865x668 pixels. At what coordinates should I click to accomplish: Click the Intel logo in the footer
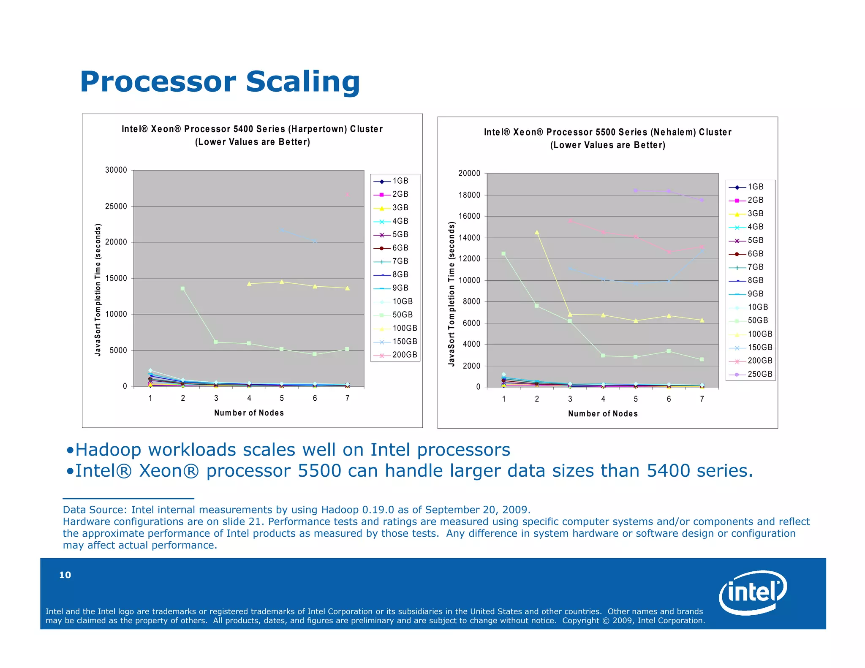coord(753,592)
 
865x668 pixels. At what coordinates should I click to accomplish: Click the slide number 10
coord(65,575)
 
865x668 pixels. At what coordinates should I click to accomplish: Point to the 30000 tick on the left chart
coord(116,170)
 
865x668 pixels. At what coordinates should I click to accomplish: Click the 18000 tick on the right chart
coord(469,195)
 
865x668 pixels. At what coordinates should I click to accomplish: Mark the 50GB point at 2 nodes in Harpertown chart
coord(183,289)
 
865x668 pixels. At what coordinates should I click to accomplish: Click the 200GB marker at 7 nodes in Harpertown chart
coord(347,194)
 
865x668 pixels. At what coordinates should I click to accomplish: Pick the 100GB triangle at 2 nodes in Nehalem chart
coord(537,232)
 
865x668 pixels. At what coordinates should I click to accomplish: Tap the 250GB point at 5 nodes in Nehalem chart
coord(636,190)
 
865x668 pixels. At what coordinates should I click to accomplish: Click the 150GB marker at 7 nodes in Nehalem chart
coord(702,252)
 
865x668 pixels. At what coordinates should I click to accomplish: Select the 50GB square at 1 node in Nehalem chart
coord(503,254)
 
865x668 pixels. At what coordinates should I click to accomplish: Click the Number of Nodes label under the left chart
coord(249,413)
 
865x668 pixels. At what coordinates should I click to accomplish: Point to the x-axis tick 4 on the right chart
coord(603,399)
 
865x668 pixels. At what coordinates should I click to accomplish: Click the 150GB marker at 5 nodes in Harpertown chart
coord(282,230)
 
